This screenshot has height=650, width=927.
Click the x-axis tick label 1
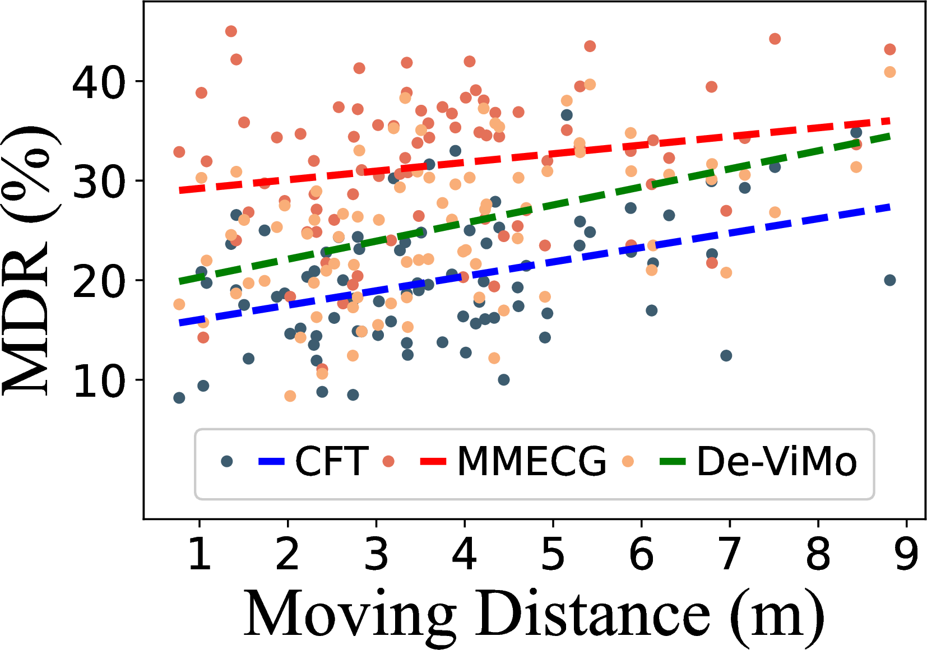click(x=200, y=553)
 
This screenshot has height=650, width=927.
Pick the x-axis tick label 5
click(x=553, y=553)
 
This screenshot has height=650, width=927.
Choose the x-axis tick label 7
click(x=729, y=553)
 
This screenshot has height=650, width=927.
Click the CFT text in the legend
click(x=331, y=462)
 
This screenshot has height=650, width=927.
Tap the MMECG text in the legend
click(x=531, y=462)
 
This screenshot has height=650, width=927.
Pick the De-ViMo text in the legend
click(x=776, y=462)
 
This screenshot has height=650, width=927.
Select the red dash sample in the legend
click(x=433, y=462)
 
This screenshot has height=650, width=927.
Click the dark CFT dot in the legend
click(x=227, y=461)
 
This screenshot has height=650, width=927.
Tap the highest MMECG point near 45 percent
click(x=231, y=31)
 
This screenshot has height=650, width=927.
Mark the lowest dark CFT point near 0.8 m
click(x=179, y=398)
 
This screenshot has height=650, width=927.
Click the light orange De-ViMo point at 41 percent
click(x=889, y=72)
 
